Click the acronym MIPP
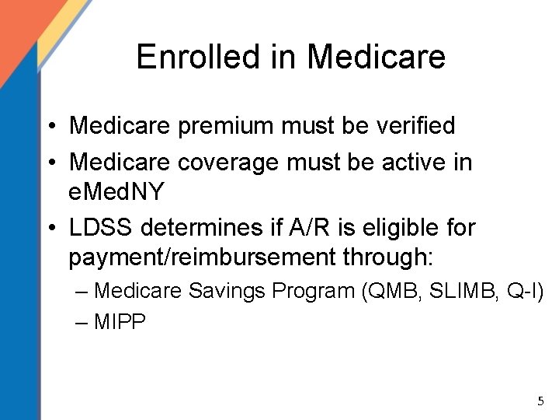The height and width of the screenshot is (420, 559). (120, 322)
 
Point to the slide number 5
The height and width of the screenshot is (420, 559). (540, 401)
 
